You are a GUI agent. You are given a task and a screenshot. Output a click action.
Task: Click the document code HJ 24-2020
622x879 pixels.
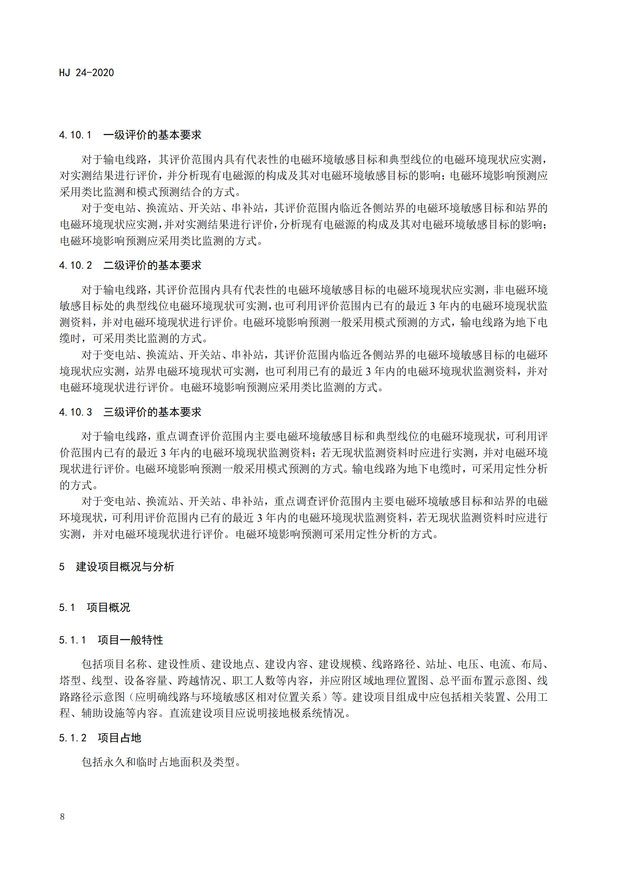(86, 73)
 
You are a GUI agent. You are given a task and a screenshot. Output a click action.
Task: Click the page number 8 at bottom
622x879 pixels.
(62, 816)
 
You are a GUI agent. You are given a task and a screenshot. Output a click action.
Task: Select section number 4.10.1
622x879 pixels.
(75, 135)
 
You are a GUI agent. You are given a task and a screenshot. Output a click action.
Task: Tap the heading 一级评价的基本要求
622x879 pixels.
(152, 135)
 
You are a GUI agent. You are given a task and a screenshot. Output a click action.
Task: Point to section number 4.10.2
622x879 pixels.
(75, 265)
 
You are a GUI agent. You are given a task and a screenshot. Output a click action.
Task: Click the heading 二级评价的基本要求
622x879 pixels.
(152, 265)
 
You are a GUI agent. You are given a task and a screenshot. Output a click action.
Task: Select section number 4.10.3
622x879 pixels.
(75, 412)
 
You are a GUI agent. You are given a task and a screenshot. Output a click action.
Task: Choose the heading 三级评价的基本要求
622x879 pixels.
(152, 412)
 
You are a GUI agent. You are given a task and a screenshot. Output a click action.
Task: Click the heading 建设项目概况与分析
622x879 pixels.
(125, 567)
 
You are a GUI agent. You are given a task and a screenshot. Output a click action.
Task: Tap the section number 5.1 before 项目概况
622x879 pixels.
(67, 607)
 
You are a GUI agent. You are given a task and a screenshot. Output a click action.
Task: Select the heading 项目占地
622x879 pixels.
(119, 738)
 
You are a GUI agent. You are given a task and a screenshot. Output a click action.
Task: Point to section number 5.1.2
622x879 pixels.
(73, 738)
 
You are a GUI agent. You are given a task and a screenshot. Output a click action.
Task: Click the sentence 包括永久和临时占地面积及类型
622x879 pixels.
(161, 762)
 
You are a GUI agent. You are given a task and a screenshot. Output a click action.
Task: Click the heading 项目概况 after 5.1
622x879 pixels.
(108, 607)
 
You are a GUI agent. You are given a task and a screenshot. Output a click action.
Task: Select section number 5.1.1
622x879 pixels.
(73, 640)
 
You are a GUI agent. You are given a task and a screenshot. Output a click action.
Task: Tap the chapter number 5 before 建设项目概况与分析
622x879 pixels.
(62, 567)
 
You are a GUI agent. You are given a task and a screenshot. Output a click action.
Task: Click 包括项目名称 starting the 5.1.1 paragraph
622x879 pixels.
(114, 664)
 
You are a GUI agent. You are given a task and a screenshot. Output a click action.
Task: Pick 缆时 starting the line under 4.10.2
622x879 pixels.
(70, 338)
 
